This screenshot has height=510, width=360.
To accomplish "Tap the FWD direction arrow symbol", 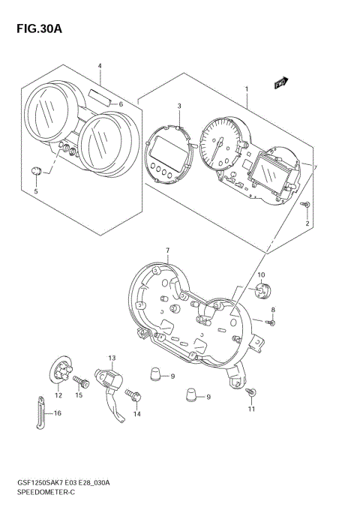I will pyautogui.click(x=282, y=84).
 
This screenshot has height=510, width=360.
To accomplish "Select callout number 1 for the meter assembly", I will pyautogui.click(x=246, y=89).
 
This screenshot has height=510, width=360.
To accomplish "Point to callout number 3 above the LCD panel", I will pyautogui.click(x=179, y=106).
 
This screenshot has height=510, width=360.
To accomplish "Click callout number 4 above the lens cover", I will pyautogui.click(x=99, y=66).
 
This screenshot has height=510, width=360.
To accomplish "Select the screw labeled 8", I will pyautogui.click(x=271, y=322).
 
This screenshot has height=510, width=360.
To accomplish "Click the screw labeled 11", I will pyautogui.click(x=252, y=392).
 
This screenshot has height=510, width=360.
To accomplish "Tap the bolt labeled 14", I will pyautogui.click(x=133, y=392).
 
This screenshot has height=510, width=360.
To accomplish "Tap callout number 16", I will pyautogui.click(x=56, y=413).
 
